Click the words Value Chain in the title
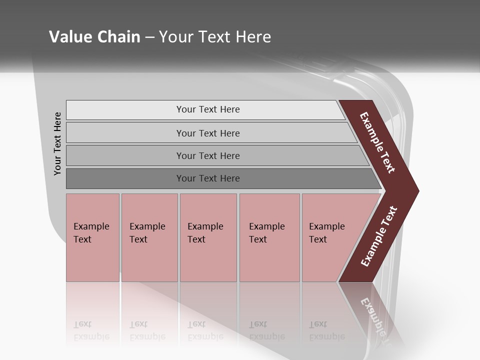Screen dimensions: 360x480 pyautogui.click(x=94, y=36)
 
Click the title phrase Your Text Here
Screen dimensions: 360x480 pyautogui.click(x=215, y=36)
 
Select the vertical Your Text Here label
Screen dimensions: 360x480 pyautogui.click(x=57, y=143)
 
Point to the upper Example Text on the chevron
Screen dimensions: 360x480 pyautogui.click(x=377, y=143)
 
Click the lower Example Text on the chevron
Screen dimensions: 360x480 pyautogui.click(x=379, y=236)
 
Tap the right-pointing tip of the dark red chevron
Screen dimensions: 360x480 pyautogui.click(x=415, y=191)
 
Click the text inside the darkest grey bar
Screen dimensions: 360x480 pyautogui.click(x=208, y=178)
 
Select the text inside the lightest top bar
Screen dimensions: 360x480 pyautogui.click(x=208, y=109)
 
